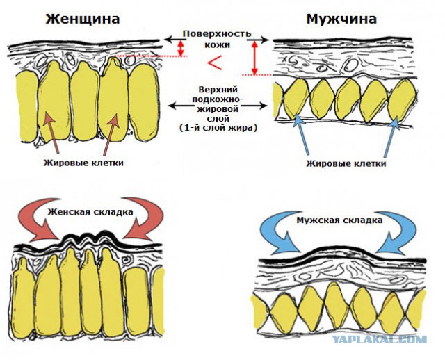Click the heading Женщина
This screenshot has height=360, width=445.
point(83,19)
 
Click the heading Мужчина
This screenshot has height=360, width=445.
point(341,19)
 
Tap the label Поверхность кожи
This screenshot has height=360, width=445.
point(217,39)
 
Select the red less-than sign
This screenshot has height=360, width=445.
point(215,63)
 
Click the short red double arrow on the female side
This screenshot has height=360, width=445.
point(181,48)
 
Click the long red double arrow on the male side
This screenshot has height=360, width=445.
point(254,58)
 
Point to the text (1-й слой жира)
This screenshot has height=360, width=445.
point(218,128)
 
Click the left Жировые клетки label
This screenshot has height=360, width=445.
point(83,163)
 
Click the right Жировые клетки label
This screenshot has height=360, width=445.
point(346,163)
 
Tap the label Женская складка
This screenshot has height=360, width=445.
point(90,212)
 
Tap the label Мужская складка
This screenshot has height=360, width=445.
point(339,220)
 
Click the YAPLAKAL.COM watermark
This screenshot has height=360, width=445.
point(380,339)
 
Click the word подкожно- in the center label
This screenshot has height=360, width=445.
point(218,99)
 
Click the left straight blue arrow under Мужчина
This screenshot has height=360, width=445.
point(301,135)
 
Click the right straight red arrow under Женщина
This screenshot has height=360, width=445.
point(111,135)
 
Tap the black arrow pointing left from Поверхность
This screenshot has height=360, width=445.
point(173,39)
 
